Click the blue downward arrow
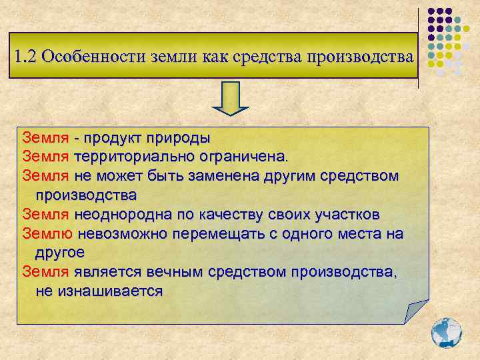[230, 99]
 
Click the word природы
[179, 138]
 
